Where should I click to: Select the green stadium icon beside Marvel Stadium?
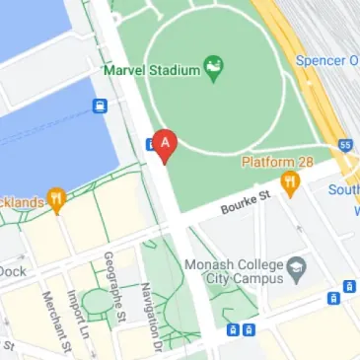212,67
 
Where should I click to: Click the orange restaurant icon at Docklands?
57,201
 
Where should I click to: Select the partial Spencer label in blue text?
327,61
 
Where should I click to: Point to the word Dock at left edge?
12,270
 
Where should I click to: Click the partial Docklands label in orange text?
22,202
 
